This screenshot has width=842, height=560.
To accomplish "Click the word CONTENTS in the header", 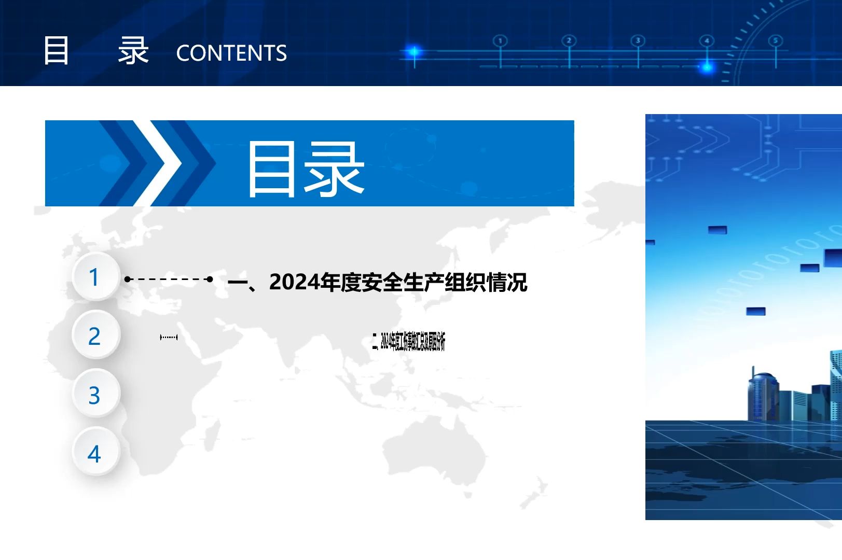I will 231,53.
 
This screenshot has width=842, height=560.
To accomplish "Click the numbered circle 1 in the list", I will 95,277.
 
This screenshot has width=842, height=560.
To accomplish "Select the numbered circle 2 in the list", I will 95,336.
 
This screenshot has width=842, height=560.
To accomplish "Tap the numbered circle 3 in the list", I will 95,395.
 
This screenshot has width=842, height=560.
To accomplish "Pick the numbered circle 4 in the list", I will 95,454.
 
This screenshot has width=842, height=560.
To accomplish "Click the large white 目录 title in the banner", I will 306,169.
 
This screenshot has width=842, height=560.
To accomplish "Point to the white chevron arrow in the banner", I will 158,163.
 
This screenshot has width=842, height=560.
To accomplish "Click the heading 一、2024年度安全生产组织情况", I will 378,282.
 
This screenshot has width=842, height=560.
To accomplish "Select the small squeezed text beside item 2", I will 409,342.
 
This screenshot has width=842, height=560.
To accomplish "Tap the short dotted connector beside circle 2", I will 169,338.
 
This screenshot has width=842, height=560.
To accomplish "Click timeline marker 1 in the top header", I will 500,41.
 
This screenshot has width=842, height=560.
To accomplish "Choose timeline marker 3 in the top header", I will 638,41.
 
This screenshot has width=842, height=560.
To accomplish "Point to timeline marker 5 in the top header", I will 776,41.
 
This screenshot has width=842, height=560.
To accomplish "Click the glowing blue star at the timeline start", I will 413,51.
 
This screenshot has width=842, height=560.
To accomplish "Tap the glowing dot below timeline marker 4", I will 707,67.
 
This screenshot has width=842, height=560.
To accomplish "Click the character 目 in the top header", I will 56,51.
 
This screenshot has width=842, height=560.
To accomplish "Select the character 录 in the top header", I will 133,51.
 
